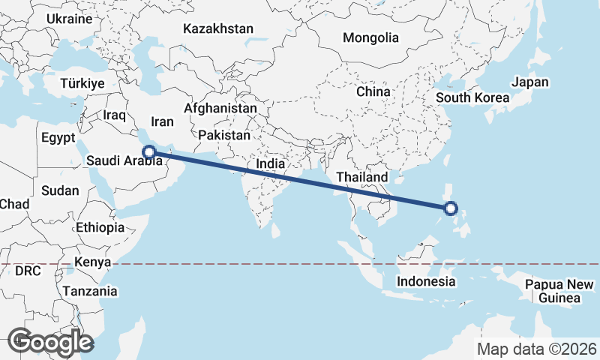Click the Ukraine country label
(69, 19)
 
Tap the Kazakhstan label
(218, 29)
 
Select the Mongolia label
(370, 37)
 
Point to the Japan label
(530, 82)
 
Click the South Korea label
(472, 97)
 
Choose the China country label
(373, 91)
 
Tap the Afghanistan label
(220, 108)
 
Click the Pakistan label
(224, 136)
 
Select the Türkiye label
(82, 83)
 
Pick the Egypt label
(58, 138)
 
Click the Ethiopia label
(100, 227)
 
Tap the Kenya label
(92, 262)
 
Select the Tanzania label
(90, 291)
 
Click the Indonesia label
(426, 282)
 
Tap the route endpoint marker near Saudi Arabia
(150, 151)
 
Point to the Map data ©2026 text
(537, 349)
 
